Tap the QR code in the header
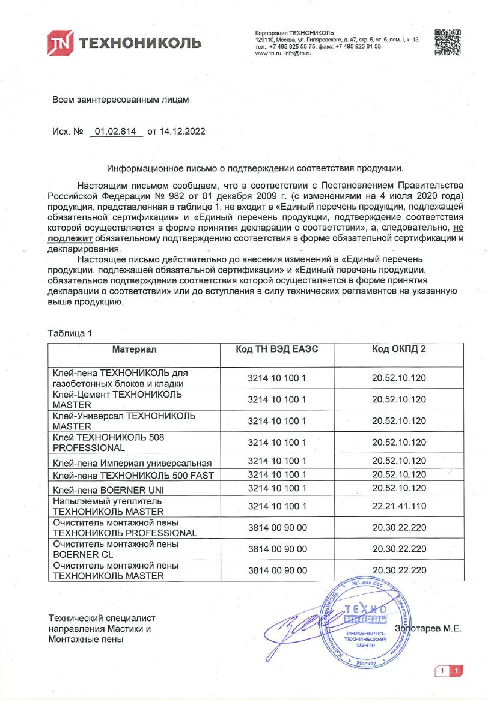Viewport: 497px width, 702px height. coord(447,41)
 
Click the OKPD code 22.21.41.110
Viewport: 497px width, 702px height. coord(398,506)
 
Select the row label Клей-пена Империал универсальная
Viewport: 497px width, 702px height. coord(132,462)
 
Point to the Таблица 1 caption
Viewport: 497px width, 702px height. coord(71,333)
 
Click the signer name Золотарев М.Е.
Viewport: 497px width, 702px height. coord(428,628)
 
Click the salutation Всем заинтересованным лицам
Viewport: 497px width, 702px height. coord(121,100)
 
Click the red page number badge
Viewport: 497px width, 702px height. coord(449,670)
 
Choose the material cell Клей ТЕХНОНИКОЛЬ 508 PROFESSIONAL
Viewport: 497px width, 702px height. coord(109,443)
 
